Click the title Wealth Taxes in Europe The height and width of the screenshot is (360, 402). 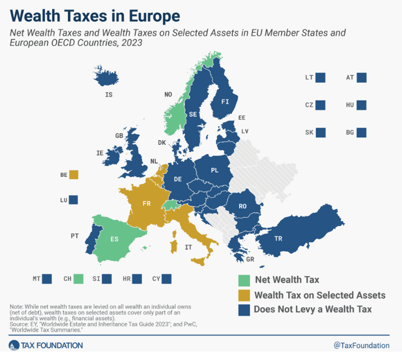coord(95,16)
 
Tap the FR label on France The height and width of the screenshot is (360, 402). coord(146,204)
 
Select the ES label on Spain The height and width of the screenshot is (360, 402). coord(115,239)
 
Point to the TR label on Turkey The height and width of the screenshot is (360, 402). coord(278,239)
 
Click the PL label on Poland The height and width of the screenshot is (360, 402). coord(214,170)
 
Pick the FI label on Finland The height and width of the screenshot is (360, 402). coord(225,102)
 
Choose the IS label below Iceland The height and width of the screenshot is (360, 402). coord(109,94)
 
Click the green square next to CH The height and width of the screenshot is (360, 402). coord(78,279)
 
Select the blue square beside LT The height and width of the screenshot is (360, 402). coord(320,77)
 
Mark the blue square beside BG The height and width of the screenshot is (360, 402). coord(361,132)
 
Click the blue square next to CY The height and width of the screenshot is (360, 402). coord(166,279)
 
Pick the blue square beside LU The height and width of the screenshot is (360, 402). coord(73,200)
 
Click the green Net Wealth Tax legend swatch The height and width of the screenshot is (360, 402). coord(243,280)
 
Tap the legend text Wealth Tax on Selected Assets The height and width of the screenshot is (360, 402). coord(320,295)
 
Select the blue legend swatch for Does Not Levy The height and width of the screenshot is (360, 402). coord(243,309)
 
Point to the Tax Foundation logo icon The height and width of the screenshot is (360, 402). coord(13,346)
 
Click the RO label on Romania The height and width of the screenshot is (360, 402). coord(242,206)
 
